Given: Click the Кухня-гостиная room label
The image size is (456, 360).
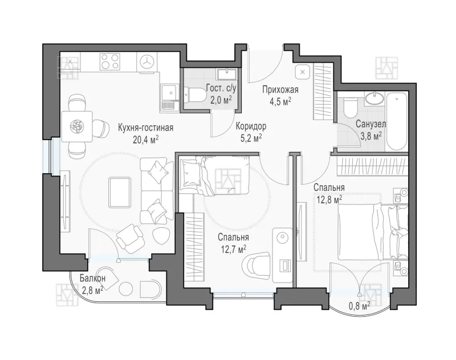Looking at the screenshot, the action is [x=145, y=128].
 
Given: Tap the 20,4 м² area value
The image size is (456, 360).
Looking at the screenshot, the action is [x=145, y=140].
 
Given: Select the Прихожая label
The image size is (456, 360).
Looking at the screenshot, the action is [x=280, y=90].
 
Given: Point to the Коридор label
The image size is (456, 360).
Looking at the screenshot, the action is [x=251, y=126].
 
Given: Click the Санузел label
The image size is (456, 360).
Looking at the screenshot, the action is [x=371, y=124].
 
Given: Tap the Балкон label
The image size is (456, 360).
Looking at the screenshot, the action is [x=93, y=279].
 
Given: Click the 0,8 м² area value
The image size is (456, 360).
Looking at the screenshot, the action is [x=360, y=306].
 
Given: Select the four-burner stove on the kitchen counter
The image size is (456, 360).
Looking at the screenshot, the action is [x=110, y=62].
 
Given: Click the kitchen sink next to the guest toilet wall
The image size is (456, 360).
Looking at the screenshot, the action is [x=169, y=98].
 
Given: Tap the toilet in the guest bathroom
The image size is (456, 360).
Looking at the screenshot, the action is [x=195, y=95].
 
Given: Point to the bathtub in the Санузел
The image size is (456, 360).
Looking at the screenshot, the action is [x=396, y=121].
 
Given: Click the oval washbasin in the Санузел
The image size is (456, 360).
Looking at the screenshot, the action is [x=375, y=98].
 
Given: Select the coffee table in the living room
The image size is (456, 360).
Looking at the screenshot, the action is [x=120, y=193].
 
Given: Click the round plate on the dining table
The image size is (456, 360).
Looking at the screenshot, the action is [x=77, y=126].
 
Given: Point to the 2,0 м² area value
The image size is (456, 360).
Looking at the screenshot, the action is [x=221, y=100].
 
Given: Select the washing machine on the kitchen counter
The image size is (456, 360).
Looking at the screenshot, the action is [x=146, y=62].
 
